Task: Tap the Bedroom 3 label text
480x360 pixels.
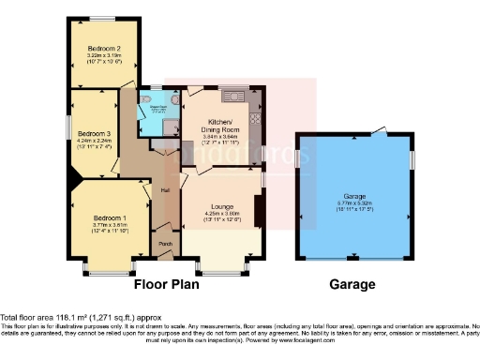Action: coord(94,133)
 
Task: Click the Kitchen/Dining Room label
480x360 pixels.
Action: coord(222,127)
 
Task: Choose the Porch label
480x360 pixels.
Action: coord(165,247)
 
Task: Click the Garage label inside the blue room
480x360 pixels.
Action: coord(354,195)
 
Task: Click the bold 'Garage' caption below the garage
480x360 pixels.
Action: coord(352,285)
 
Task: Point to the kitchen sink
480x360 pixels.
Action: coord(232,95)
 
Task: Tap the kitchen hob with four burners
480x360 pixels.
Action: coord(253,95)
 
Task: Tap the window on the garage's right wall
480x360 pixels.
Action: coord(411,160)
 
